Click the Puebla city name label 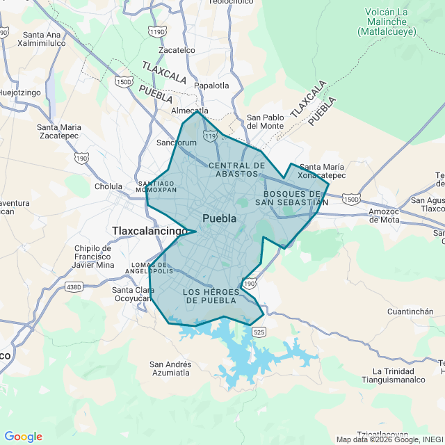click(x=219, y=218)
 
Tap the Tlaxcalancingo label click(x=149, y=231)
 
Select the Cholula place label click(x=108, y=186)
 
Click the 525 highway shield click(x=259, y=332)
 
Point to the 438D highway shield click(x=74, y=286)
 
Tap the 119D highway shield click(x=158, y=32)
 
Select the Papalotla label click(x=211, y=86)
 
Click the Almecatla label click(x=190, y=111)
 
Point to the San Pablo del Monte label click(x=265, y=122)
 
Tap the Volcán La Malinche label click(x=387, y=21)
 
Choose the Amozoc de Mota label click(x=387, y=215)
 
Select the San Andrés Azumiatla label click(x=170, y=369)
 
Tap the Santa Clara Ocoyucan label click(x=133, y=294)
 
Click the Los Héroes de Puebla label click(x=211, y=296)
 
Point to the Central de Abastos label click(x=236, y=170)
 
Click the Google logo click(x=23, y=437)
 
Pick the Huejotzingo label click(x=21, y=92)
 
